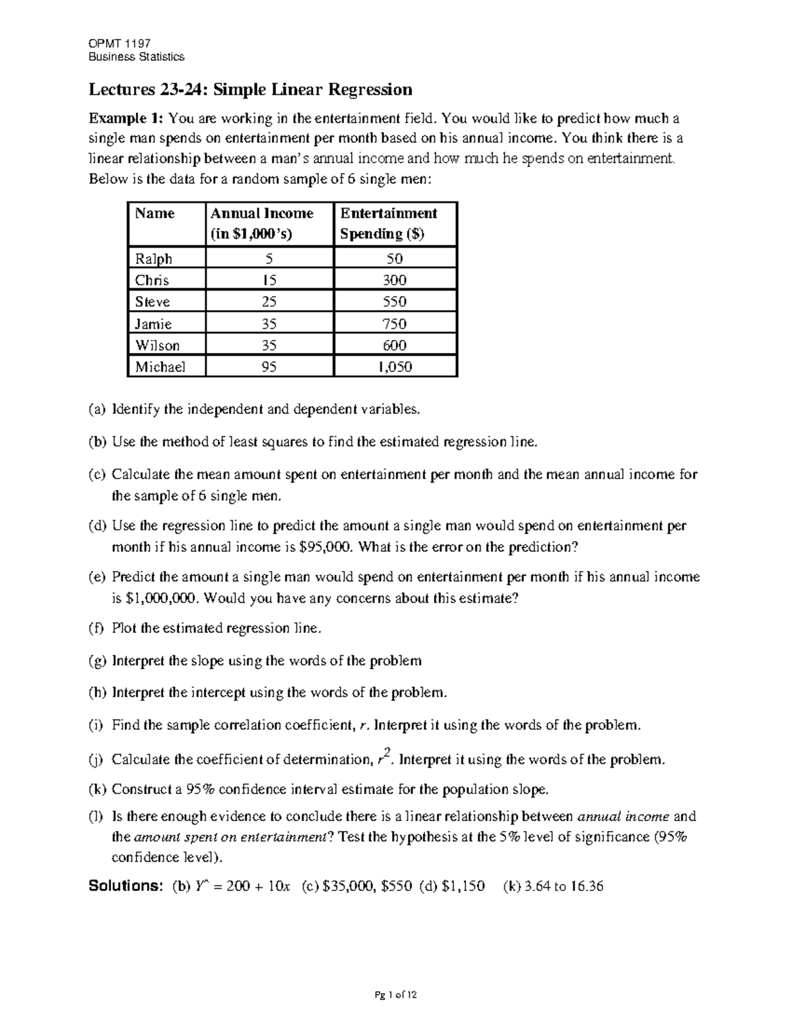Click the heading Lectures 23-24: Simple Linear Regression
pos(251,90)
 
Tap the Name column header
pos(154,213)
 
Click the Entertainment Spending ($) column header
pos(388,223)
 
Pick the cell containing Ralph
pos(153,258)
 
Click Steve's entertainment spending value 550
pos(395,302)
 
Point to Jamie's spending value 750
pos(395,323)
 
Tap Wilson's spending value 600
pos(395,345)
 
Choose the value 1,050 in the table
pos(395,367)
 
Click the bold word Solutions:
pos(125,886)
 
